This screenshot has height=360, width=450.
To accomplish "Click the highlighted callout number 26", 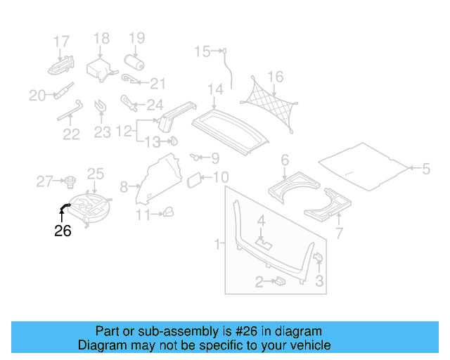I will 63,231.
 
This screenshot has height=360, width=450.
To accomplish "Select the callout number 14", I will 214,90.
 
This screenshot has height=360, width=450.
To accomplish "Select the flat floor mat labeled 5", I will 364,165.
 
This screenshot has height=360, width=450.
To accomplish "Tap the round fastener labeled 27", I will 70,183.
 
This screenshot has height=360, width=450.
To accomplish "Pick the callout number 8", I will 124,186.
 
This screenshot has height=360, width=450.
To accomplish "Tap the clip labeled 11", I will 169,212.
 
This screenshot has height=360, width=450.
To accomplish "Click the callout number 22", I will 71,134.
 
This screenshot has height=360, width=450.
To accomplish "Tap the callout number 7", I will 339,233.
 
